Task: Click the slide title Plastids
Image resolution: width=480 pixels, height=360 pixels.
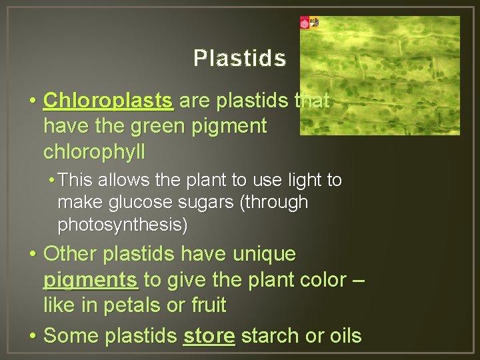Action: pyautogui.click(x=239, y=59)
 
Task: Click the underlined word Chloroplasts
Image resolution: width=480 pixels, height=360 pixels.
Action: pyautogui.click(x=108, y=101)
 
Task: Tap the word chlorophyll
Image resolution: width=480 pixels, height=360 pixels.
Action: pyautogui.click(x=94, y=152)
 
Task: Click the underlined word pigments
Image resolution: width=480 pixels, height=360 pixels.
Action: pyautogui.click(x=91, y=280)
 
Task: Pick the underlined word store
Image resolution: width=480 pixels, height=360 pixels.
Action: pyautogui.click(x=209, y=336)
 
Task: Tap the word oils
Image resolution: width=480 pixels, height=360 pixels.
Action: pyautogui.click(x=342, y=336)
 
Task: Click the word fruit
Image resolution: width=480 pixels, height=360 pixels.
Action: pyautogui.click(x=209, y=306)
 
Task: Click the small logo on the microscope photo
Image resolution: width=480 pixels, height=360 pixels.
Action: pyautogui.click(x=309, y=23)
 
